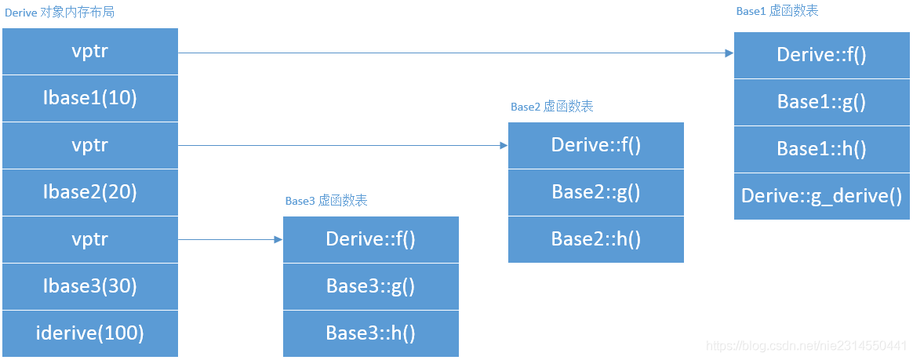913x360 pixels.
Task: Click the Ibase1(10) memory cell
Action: click(x=89, y=98)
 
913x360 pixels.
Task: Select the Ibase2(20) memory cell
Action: click(x=89, y=192)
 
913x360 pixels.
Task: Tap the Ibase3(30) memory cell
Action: click(x=89, y=286)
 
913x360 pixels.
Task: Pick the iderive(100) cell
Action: click(x=89, y=333)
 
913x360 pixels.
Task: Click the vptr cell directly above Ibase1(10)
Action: click(x=89, y=52)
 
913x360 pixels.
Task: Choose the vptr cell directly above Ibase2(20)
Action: click(x=89, y=145)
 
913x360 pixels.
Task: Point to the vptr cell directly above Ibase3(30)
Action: click(x=89, y=239)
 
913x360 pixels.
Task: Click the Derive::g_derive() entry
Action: click(x=821, y=195)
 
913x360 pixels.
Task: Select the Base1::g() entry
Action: click(x=821, y=102)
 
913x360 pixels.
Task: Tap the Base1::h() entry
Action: click(x=821, y=149)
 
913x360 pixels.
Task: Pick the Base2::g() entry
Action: click(x=595, y=192)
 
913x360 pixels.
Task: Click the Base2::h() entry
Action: click(x=595, y=238)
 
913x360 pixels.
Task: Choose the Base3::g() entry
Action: click(x=370, y=286)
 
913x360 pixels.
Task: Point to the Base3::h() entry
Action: click(x=370, y=333)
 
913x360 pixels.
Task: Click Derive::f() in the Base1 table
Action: click(x=821, y=55)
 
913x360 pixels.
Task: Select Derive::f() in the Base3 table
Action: click(x=370, y=239)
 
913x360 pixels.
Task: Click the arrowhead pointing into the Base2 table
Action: click(x=504, y=145)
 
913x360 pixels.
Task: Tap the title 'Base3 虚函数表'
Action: click(x=326, y=201)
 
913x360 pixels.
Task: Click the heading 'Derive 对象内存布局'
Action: click(x=61, y=13)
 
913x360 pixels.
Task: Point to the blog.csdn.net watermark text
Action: click(x=806, y=346)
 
